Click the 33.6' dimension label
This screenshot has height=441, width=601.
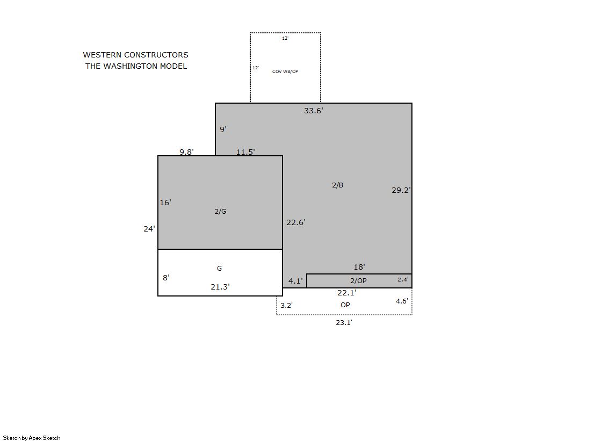tap(314, 111)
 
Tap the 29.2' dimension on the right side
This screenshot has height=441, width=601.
tap(401, 190)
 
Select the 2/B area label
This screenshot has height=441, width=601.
tap(337, 185)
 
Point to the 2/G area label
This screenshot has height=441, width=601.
tap(220, 211)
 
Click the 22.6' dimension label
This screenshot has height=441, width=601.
tap(296, 222)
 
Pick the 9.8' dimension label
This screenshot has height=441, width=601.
tap(187, 152)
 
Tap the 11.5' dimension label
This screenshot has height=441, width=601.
tap(245, 152)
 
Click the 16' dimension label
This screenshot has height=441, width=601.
tap(165, 203)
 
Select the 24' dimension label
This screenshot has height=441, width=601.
tap(149, 229)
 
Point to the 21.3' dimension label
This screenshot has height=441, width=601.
tap(220, 287)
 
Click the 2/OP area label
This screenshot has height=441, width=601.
tap(358, 281)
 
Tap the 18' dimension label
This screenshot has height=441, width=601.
tap(359, 267)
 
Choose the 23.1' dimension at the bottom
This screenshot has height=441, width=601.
tap(344, 323)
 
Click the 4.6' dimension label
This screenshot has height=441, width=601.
tap(402, 301)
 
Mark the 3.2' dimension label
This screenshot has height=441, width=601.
tap(286, 305)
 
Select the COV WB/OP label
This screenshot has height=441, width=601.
tap(285, 72)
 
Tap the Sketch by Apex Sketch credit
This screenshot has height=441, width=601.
tap(32, 438)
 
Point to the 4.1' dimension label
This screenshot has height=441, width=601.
tap(295, 281)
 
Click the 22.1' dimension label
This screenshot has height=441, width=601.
tap(347, 293)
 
